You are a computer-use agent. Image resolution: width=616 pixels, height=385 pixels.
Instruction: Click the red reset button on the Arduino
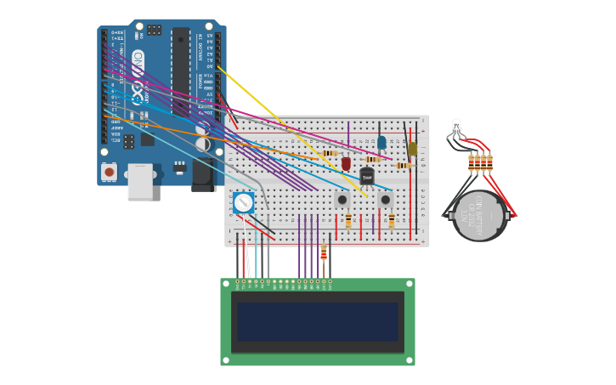pos(109,172)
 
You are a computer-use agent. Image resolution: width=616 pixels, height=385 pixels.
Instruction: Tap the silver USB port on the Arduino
pos(140,183)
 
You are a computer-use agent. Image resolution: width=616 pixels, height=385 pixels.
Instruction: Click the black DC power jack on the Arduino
pos(202,173)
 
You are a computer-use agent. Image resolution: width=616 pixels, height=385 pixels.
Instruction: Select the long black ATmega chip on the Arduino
pos(181,71)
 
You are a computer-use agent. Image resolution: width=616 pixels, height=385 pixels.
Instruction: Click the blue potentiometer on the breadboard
pos(243,202)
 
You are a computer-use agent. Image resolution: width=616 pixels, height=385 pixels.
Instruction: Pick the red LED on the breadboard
pos(346,162)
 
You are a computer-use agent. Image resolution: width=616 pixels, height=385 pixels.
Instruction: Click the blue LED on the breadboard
pos(381,142)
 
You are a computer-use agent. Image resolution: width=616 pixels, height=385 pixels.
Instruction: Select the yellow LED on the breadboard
pos(413,149)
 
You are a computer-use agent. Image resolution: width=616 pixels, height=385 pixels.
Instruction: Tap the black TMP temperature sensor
pos(367,176)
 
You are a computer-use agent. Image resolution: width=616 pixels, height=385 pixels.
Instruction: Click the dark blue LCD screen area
pos(317,322)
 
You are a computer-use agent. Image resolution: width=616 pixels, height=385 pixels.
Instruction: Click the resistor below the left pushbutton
pos(348,221)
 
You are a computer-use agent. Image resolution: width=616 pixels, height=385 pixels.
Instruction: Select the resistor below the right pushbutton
pos(391,221)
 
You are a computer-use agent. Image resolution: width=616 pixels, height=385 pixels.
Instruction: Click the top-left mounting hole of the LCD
pos(225,283)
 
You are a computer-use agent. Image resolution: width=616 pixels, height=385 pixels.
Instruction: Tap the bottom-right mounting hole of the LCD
pos(410,361)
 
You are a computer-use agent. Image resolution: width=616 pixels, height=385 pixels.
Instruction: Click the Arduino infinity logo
pos(138,65)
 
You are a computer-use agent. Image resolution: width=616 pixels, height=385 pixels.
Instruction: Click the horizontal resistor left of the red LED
pos(330,153)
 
